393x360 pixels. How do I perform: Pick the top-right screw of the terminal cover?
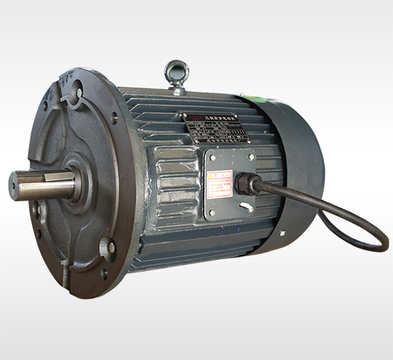point(251,156)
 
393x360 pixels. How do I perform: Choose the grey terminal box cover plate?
point(231,185)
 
